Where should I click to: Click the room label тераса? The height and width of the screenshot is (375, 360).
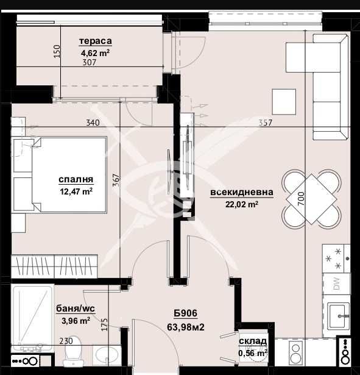(95, 41)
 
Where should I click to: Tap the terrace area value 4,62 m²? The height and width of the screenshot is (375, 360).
(95, 52)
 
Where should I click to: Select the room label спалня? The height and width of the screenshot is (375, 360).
(76, 180)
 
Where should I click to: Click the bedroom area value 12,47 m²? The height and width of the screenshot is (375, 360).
(76, 191)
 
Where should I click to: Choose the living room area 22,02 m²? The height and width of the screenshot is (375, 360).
(242, 204)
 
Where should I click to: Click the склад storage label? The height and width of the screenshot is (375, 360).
(253, 341)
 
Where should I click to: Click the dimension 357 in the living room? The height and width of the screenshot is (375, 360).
(265, 123)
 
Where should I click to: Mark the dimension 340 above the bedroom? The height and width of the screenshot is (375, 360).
(93, 123)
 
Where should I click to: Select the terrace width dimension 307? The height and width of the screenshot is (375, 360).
(89, 62)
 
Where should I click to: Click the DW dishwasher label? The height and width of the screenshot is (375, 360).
(336, 284)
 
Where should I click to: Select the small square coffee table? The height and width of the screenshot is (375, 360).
(284, 101)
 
